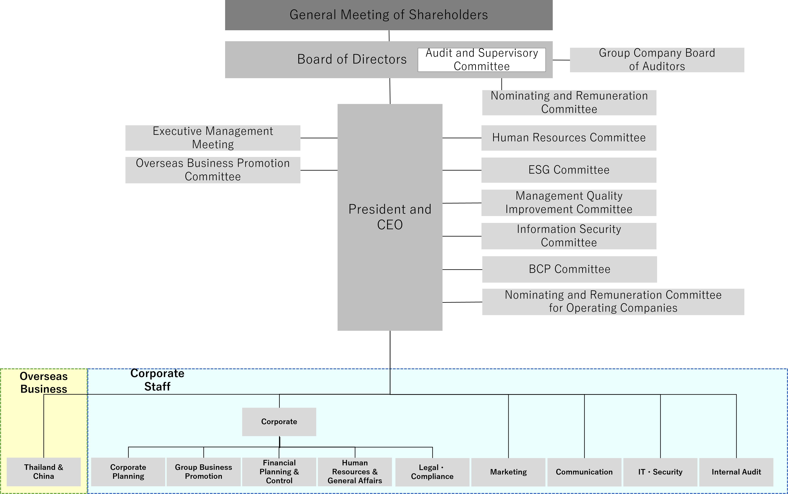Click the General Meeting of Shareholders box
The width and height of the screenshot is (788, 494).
389,15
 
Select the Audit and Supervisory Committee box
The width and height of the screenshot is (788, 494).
482,60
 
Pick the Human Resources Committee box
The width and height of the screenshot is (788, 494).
569,138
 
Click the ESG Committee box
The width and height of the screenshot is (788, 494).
569,170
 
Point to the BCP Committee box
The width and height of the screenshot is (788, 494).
570,269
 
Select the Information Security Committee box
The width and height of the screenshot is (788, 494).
569,236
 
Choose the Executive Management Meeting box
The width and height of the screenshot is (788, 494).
213,138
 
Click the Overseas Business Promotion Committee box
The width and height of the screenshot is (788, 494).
213,170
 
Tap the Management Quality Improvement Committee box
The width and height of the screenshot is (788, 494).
569,203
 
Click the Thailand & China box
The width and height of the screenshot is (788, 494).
44,472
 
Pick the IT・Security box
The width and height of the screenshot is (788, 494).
660,472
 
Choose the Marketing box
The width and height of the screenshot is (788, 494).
508,472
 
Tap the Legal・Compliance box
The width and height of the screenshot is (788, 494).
432,472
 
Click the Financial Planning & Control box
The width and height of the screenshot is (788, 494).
279,472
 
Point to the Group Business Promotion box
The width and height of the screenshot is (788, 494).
203,472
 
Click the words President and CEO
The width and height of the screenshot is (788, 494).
390,217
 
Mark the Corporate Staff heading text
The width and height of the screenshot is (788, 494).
157,380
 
